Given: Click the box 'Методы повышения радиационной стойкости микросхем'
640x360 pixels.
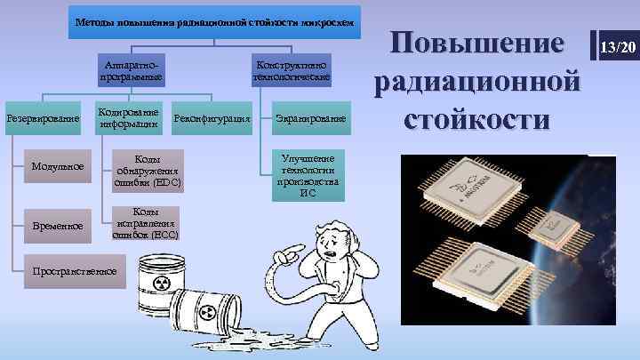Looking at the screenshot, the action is click(x=213, y=21).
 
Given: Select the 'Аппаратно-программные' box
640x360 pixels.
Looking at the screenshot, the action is click(x=132, y=72).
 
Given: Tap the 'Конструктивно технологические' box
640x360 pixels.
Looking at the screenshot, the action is click(x=292, y=72).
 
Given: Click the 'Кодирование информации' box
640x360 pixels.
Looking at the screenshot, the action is click(x=130, y=118).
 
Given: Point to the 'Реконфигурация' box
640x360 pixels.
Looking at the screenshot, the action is click(x=212, y=118).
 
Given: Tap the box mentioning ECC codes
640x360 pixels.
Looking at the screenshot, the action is click(x=148, y=223).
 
